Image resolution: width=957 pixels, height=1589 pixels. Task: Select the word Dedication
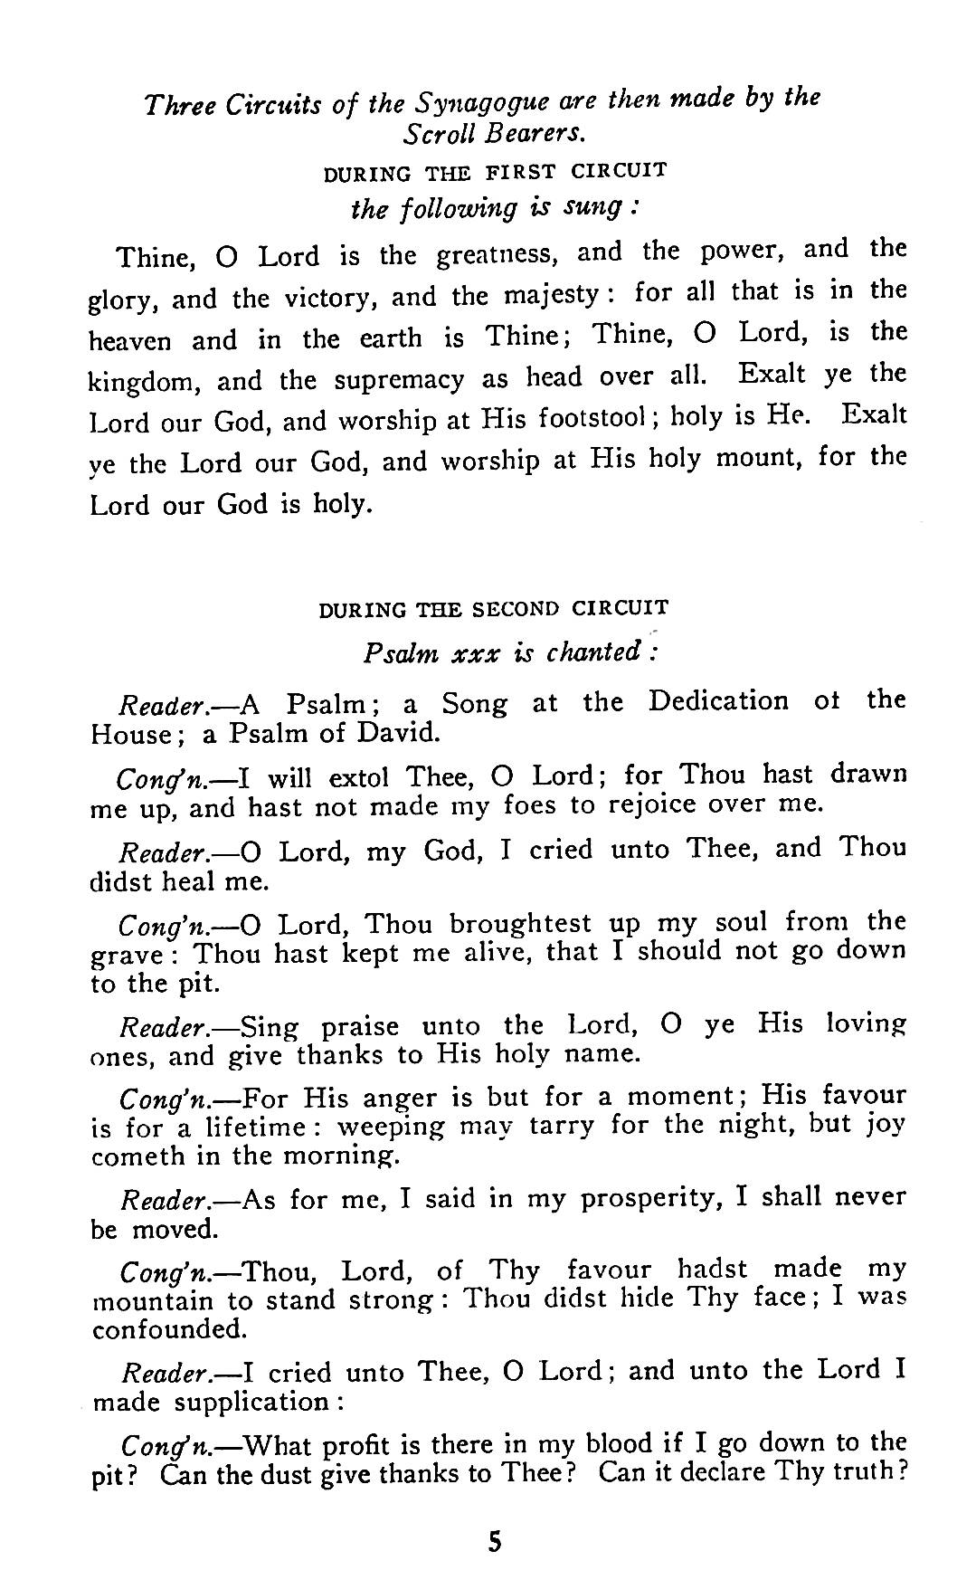(718, 702)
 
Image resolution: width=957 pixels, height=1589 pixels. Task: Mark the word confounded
(169, 1329)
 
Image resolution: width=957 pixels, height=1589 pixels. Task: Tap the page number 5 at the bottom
(494, 1541)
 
